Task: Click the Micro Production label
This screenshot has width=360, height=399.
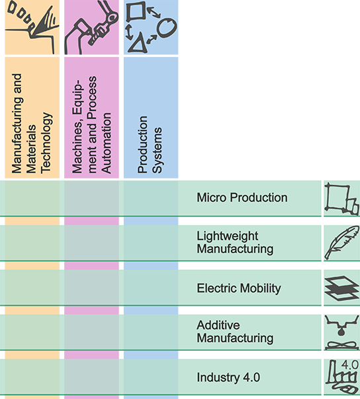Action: coord(242,198)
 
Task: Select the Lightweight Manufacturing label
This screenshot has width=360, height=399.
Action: coord(235,242)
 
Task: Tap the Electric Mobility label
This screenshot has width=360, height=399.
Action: coord(239,288)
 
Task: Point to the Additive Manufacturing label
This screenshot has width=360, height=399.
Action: coord(235,332)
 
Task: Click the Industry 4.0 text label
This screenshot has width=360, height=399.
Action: coord(228,377)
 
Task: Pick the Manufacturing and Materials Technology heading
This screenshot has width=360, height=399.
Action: coord(32,124)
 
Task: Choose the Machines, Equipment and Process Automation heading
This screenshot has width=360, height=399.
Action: coord(91,124)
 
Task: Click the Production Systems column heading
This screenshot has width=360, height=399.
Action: coord(150,144)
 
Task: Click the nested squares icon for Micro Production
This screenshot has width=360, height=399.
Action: coord(341,199)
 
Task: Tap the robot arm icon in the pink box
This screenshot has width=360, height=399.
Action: coord(91,27)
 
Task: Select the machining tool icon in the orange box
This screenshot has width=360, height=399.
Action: coord(32,28)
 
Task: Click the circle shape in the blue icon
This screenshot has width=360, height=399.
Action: coord(167,27)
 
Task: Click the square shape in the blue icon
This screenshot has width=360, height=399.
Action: coord(136,11)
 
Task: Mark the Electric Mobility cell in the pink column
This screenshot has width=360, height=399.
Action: coord(91,288)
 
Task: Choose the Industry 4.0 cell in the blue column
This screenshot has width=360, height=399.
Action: coord(151,377)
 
